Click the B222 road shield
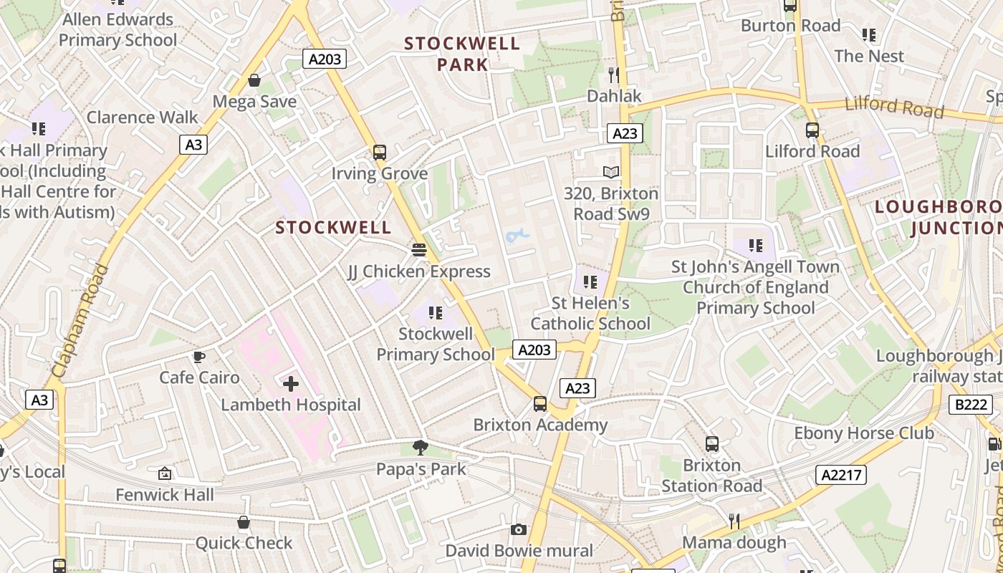971,405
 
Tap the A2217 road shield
840,474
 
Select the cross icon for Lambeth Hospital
291,384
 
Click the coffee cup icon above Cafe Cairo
199,357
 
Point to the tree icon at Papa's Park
421,448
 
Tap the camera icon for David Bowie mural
519,530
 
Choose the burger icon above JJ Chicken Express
419,250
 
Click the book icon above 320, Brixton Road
610,172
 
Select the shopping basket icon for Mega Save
254,80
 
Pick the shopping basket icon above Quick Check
244,522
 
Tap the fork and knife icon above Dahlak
613,74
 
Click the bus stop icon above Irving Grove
380,153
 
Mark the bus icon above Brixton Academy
540,404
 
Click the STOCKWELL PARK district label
462,54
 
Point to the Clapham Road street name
80,320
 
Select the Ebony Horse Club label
864,433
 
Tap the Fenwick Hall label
165,495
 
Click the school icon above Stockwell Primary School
435,313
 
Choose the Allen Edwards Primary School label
118,29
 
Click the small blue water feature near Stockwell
517,234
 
